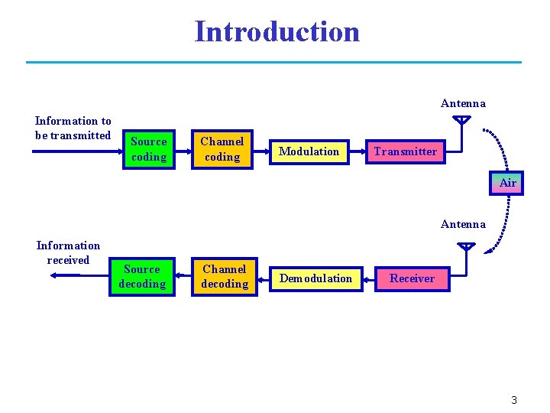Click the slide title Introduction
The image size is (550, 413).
pyautogui.click(x=277, y=32)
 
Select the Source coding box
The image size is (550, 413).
pyautogui.click(x=148, y=149)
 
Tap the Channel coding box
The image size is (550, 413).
pyautogui.click(x=222, y=149)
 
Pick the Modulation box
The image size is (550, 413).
pyautogui.click(x=309, y=151)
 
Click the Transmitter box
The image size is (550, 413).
pyautogui.click(x=405, y=151)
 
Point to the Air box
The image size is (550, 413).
pyautogui.click(x=507, y=183)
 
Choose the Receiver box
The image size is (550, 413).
pyautogui.click(x=412, y=278)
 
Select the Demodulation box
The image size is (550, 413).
pyautogui.click(x=315, y=278)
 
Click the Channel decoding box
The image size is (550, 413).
pyautogui.click(x=224, y=276)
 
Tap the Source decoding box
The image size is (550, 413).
pyautogui.click(x=142, y=276)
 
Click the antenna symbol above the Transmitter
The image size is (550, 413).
pyautogui.click(x=461, y=121)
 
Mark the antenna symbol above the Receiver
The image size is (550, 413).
pyautogui.click(x=465, y=248)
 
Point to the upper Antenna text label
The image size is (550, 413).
pyautogui.click(x=463, y=103)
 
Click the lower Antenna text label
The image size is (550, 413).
pyautogui.click(x=463, y=224)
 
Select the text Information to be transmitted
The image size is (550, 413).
pyautogui.click(x=73, y=128)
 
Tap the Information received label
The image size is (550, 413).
pyautogui.click(x=68, y=252)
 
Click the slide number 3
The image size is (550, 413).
pyautogui.click(x=514, y=400)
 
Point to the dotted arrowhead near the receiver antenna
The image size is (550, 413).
pyautogui.click(x=488, y=249)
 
